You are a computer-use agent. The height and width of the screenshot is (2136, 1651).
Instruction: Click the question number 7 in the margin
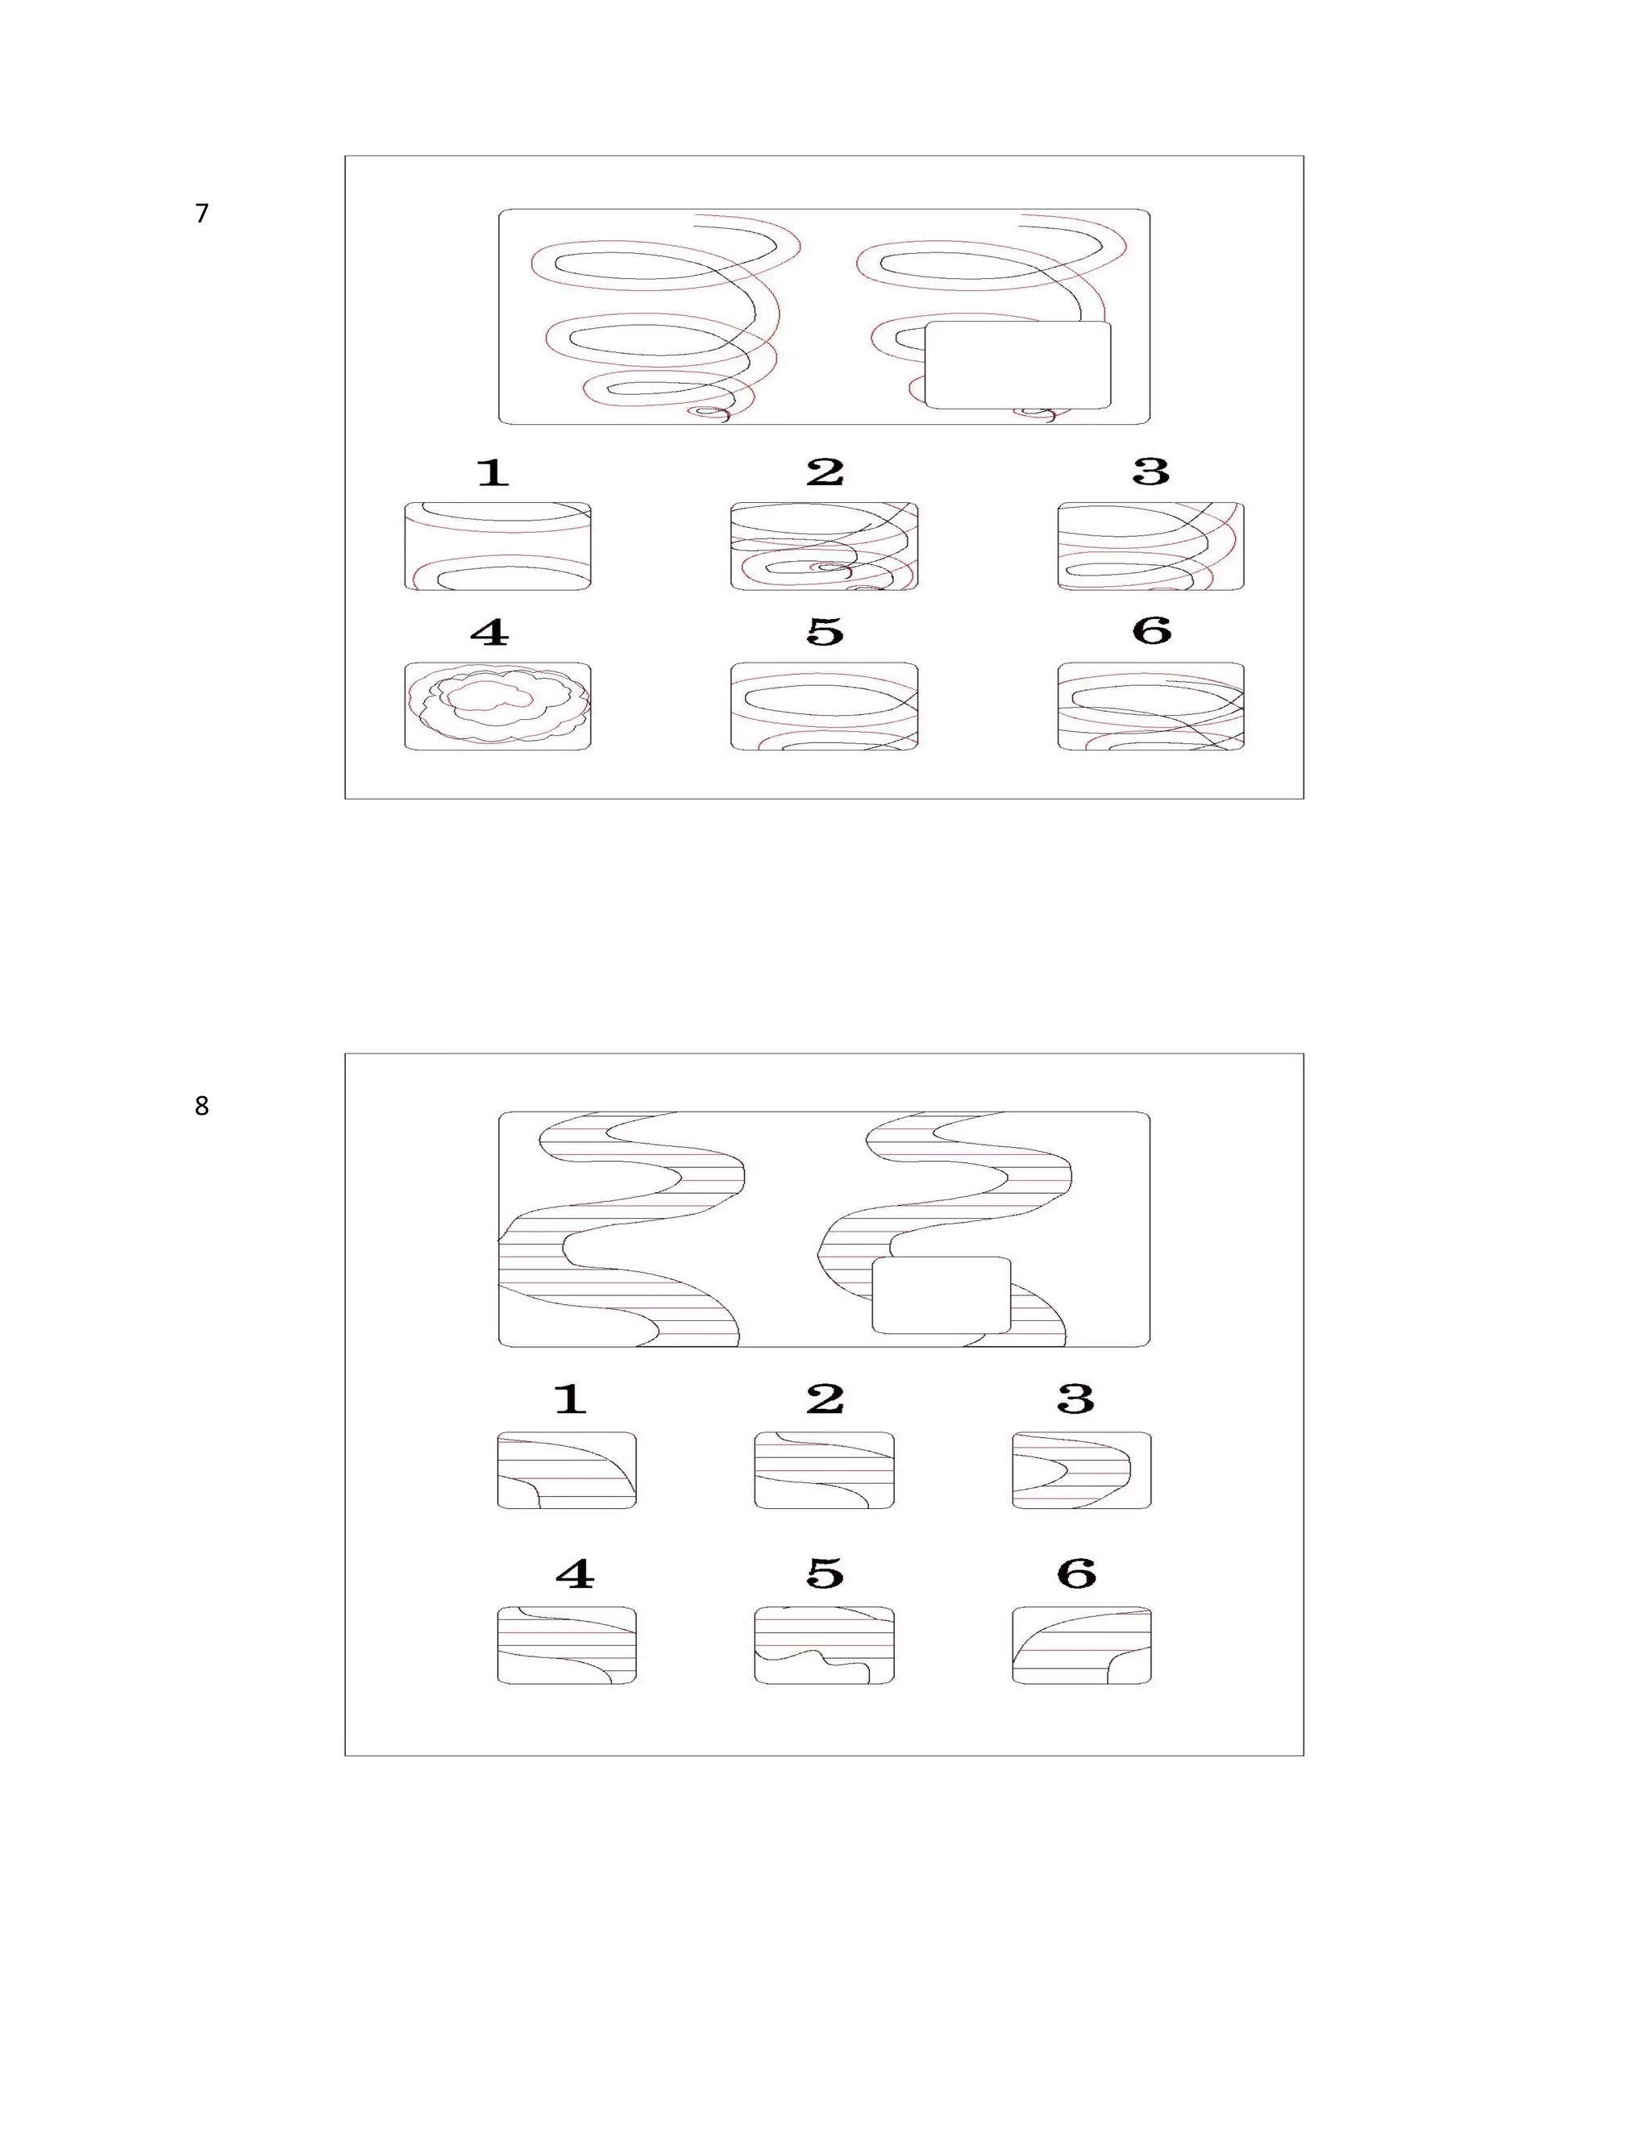202,214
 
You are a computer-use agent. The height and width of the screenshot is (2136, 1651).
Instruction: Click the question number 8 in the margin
202,1106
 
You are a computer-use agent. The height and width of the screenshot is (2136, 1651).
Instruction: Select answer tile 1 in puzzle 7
498,546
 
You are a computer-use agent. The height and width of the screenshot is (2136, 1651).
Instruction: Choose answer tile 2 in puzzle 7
825,546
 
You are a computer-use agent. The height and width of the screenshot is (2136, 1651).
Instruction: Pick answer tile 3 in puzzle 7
1151,546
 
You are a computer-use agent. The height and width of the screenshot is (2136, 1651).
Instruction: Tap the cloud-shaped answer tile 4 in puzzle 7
498,706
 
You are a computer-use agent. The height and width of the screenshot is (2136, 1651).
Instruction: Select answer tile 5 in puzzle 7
825,706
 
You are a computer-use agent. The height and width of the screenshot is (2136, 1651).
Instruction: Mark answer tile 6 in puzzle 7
1151,706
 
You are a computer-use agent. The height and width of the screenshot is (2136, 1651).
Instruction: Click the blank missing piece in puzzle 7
1018,365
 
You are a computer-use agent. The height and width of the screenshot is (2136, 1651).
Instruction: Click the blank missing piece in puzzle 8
942,1295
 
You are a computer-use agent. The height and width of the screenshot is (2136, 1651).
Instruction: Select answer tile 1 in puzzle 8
568,1470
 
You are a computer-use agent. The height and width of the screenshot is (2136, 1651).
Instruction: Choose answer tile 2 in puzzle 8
825,1470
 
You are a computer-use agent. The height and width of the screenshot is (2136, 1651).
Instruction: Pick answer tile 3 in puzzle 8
1082,1470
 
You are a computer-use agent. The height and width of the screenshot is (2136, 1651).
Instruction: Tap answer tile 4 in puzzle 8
568,1645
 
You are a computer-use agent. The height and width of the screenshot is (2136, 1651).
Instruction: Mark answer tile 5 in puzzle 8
825,1645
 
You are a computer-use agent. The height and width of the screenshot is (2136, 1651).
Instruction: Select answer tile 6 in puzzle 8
1082,1645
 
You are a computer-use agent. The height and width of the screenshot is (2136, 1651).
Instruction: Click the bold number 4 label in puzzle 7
490,632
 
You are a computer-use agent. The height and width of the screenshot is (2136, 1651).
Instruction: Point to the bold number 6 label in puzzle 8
1077,1573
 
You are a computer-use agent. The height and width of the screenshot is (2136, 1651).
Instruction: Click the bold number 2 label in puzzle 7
825,472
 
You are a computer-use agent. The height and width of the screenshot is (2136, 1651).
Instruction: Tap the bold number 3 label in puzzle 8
1076,1398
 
